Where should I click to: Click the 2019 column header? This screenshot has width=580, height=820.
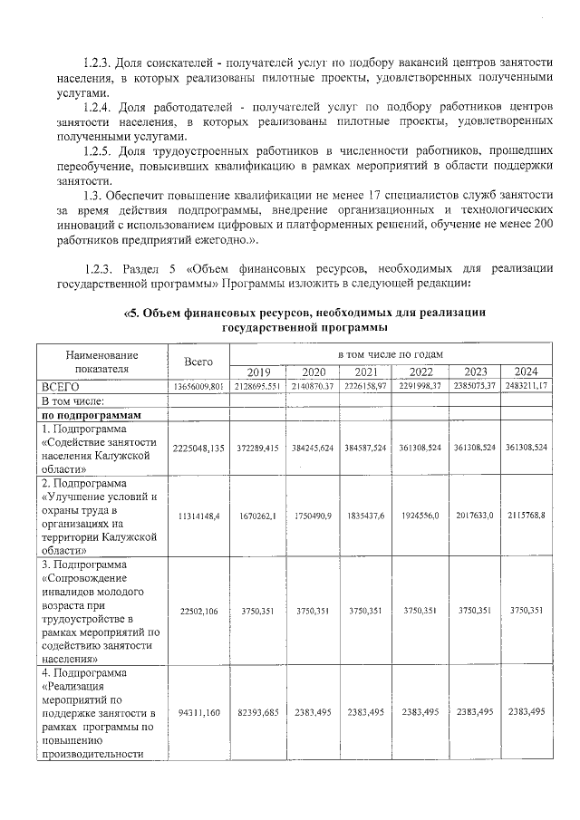[258, 371]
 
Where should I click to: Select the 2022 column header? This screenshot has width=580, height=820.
[420, 371]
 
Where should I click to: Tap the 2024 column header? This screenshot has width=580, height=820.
[526, 371]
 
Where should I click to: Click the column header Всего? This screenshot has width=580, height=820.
[198, 362]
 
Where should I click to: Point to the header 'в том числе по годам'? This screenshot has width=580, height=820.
[391, 354]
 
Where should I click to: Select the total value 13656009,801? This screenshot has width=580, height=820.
[198, 386]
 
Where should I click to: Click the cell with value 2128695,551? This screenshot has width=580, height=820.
[258, 386]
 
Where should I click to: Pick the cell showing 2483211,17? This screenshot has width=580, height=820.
[526, 386]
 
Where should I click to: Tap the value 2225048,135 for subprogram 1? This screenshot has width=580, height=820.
[198, 448]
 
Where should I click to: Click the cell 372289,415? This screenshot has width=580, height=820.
[258, 448]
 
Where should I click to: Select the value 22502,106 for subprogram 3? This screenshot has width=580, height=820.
[198, 611]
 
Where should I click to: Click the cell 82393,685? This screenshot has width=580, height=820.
[258, 712]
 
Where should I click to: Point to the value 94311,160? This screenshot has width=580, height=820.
[198, 712]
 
